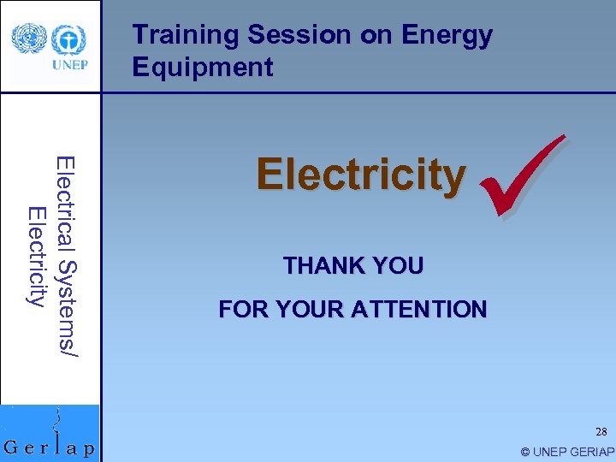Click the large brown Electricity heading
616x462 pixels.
point(361,175)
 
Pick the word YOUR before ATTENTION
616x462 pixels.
point(307,310)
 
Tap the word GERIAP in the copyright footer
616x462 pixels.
point(589,452)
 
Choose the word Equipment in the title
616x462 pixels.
point(203,68)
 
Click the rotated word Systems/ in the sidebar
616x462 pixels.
point(66,304)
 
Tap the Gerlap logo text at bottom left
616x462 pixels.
point(50,447)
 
